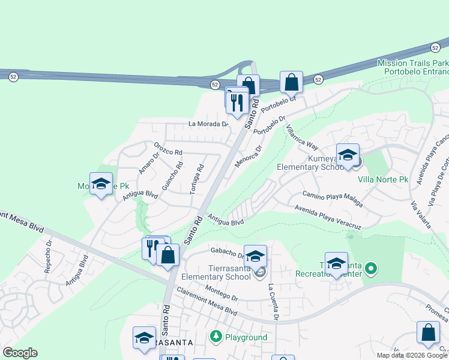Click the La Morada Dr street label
click(209, 124)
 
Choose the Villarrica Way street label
click(302, 137)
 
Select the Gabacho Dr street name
click(225, 251)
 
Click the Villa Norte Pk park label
click(383, 179)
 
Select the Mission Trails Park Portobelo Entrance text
click(413, 68)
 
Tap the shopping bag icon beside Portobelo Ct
click(291, 82)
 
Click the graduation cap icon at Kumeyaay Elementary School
click(348, 155)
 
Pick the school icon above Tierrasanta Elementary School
click(255, 256)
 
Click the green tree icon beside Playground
click(216, 337)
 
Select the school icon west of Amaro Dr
click(101, 184)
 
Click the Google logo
click(19, 353)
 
